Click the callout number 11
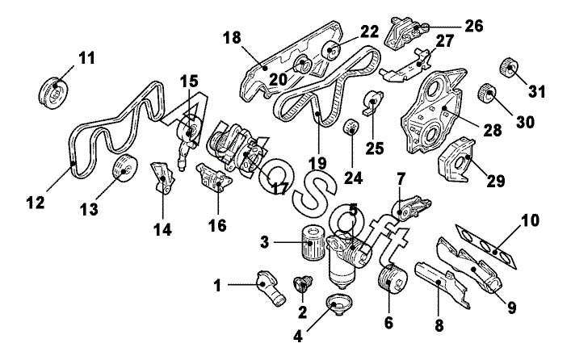[86, 58]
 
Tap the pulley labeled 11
[53, 93]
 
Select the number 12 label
[36, 203]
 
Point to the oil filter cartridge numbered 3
[312, 242]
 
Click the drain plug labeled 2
[302, 284]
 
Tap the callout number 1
[217, 286]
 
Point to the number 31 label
[537, 92]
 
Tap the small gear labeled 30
[487, 93]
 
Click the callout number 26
[474, 26]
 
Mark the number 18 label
[233, 37]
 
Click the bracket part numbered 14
[163, 178]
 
